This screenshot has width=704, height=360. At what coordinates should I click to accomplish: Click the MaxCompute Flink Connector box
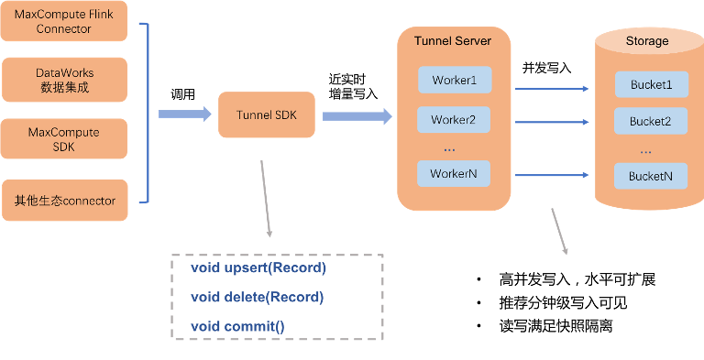click(64, 21)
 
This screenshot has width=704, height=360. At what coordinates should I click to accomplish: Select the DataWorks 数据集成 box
click(65, 80)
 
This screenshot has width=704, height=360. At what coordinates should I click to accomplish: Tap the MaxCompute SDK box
click(64, 138)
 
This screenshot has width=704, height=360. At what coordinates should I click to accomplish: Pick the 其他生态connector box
click(65, 201)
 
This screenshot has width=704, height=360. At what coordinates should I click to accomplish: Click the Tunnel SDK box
click(267, 115)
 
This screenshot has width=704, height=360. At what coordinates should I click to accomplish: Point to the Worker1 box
click(455, 80)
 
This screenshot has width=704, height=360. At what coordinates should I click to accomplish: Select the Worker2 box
click(454, 120)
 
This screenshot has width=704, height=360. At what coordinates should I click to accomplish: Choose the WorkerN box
click(454, 173)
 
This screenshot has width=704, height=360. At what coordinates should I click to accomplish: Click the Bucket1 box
click(652, 84)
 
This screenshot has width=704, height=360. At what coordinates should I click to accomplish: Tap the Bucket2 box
click(651, 121)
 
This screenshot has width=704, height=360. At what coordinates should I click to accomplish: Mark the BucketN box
click(651, 176)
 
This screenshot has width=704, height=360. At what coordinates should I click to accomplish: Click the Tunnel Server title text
click(453, 41)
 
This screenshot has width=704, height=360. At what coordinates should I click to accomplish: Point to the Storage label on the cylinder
click(647, 41)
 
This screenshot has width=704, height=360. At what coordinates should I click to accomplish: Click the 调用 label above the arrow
click(182, 94)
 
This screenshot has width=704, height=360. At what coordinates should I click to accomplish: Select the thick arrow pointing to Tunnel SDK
click(185, 114)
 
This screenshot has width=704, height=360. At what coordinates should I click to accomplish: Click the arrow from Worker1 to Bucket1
click(552, 89)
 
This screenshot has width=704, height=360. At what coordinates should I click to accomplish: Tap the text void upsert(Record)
click(258, 267)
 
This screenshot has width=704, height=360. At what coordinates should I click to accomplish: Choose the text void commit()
click(237, 326)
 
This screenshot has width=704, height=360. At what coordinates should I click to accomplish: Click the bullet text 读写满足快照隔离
click(555, 326)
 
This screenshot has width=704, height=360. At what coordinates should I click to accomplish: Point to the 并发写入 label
click(546, 68)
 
